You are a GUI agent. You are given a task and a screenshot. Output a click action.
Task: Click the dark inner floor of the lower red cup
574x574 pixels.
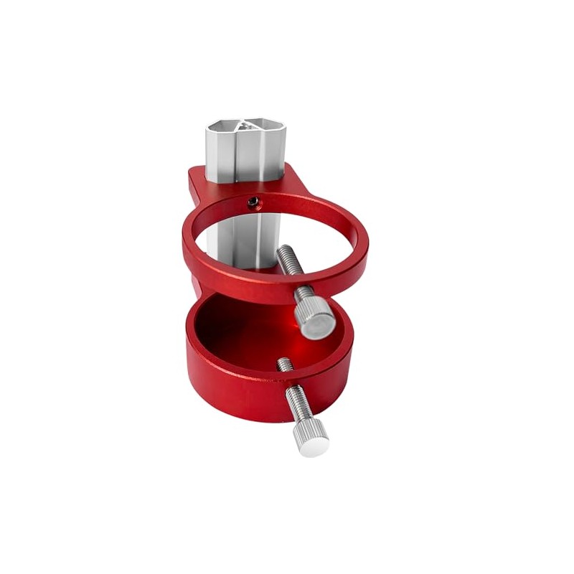pos(237,330)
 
